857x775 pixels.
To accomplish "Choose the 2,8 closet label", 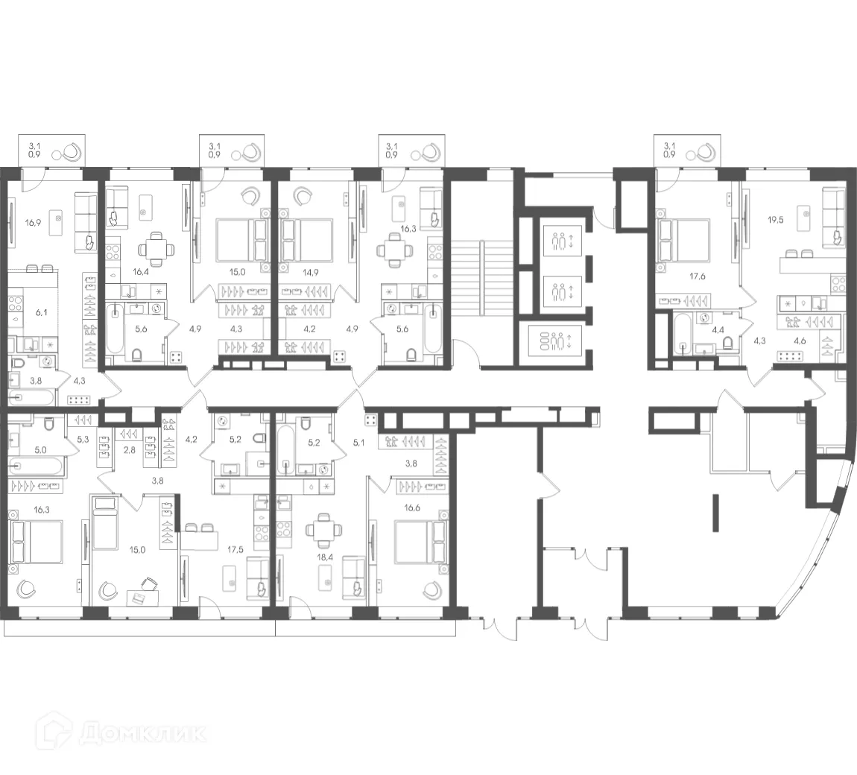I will pyautogui.click(x=130, y=450).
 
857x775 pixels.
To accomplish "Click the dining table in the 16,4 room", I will pyautogui.click(x=155, y=247).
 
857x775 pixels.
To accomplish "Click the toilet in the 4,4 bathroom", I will pyautogui.click(x=728, y=342).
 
